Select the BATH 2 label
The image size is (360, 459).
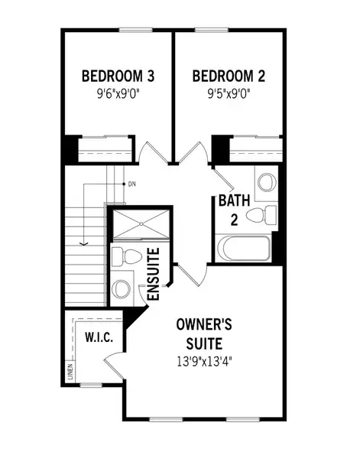coord(233,211)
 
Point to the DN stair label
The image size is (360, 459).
coord(131,184)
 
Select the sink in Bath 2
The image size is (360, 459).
coord(266,182)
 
